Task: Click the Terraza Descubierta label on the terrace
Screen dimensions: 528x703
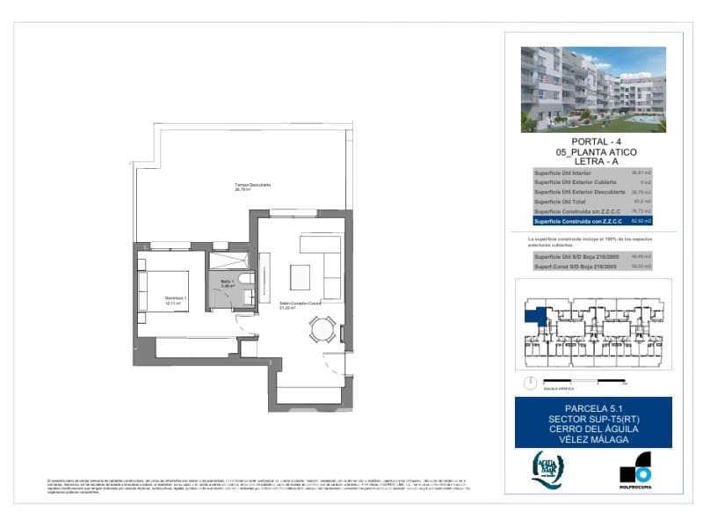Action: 252,186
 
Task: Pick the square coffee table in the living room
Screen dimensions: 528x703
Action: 301,276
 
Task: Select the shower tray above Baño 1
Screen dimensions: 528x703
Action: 229,258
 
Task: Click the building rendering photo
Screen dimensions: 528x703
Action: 593,89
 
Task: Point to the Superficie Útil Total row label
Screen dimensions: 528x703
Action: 562,202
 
